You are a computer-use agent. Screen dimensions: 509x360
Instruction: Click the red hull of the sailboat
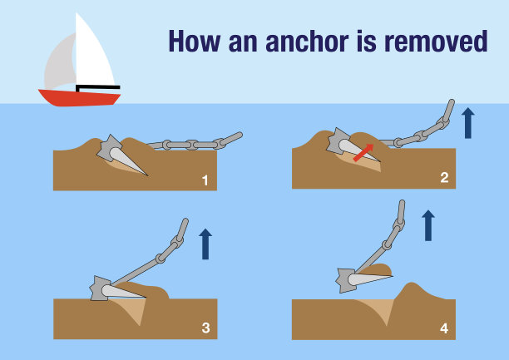click(x=80, y=98)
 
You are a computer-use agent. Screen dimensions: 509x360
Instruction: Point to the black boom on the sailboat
click(x=97, y=87)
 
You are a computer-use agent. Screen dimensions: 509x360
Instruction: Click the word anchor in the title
click(x=307, y=42)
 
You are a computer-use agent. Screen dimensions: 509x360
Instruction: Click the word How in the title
click(x=195, y=42)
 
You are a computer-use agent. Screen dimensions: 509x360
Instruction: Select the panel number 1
click(x=205, y=180)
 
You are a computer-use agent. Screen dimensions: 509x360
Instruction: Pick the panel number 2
click(x=444, y=178)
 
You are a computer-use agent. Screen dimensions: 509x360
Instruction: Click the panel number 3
click(x=205, y=328)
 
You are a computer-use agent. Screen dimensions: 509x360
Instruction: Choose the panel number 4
click(x=444, y=328)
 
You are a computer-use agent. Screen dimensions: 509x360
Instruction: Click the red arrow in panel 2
click(x=363, y=153)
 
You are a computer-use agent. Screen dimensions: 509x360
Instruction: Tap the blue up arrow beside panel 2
click(x=467, y=123)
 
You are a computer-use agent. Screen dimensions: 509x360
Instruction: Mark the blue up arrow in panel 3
click(x=205, y=244)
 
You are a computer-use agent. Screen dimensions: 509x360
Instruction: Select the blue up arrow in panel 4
click(x=428, y=225)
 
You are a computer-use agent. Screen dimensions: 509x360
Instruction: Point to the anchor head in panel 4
click(x=346, y=280)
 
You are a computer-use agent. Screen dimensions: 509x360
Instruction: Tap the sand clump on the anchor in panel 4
click(x=377, y=270)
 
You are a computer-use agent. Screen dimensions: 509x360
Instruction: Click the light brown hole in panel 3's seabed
click(x=134, y=309)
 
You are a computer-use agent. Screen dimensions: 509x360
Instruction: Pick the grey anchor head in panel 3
click(x=99, y=288)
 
